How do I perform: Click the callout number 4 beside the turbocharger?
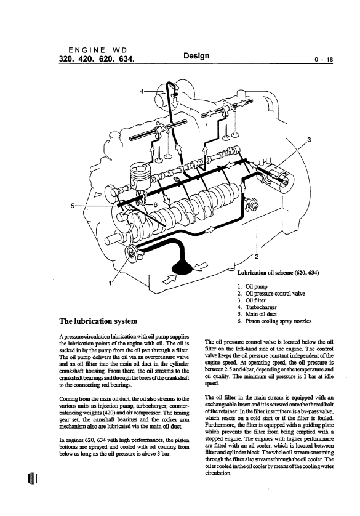click(x=142, y=91)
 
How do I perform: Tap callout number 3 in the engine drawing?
click(x=309, y=139)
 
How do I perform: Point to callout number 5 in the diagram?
click(x=73, y=206)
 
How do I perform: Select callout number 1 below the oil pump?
click(x=111, y=283)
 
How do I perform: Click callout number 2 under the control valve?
click(x=257, y=256)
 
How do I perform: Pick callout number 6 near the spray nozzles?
click(x=156, y=204)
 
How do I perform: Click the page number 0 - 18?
click(x=324, y=60)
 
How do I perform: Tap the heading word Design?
click(x=196, y=55)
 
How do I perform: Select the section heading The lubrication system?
click(x=98, y=321)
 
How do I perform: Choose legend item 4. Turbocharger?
click(x=257, y=307)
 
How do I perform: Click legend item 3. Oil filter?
click(x=251, y=300)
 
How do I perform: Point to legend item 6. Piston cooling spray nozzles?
click(x=274, y=321)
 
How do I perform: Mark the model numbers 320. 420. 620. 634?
click(x=97, y=59)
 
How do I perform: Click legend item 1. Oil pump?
click(x=252, y=286)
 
